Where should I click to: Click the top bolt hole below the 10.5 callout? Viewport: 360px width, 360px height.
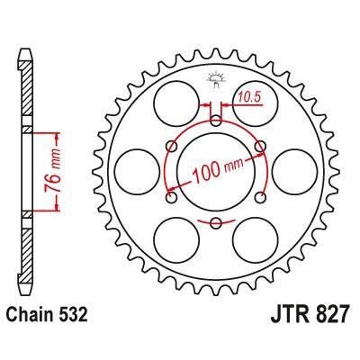(x=215, y=119)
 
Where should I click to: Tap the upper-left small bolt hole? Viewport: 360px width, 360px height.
(x=171, y=144)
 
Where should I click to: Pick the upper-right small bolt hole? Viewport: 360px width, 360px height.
(x=259, y=144)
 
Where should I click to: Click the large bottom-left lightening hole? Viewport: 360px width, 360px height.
(x=174, y=240)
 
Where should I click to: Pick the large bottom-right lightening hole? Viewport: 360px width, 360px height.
(x=256, y=240)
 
